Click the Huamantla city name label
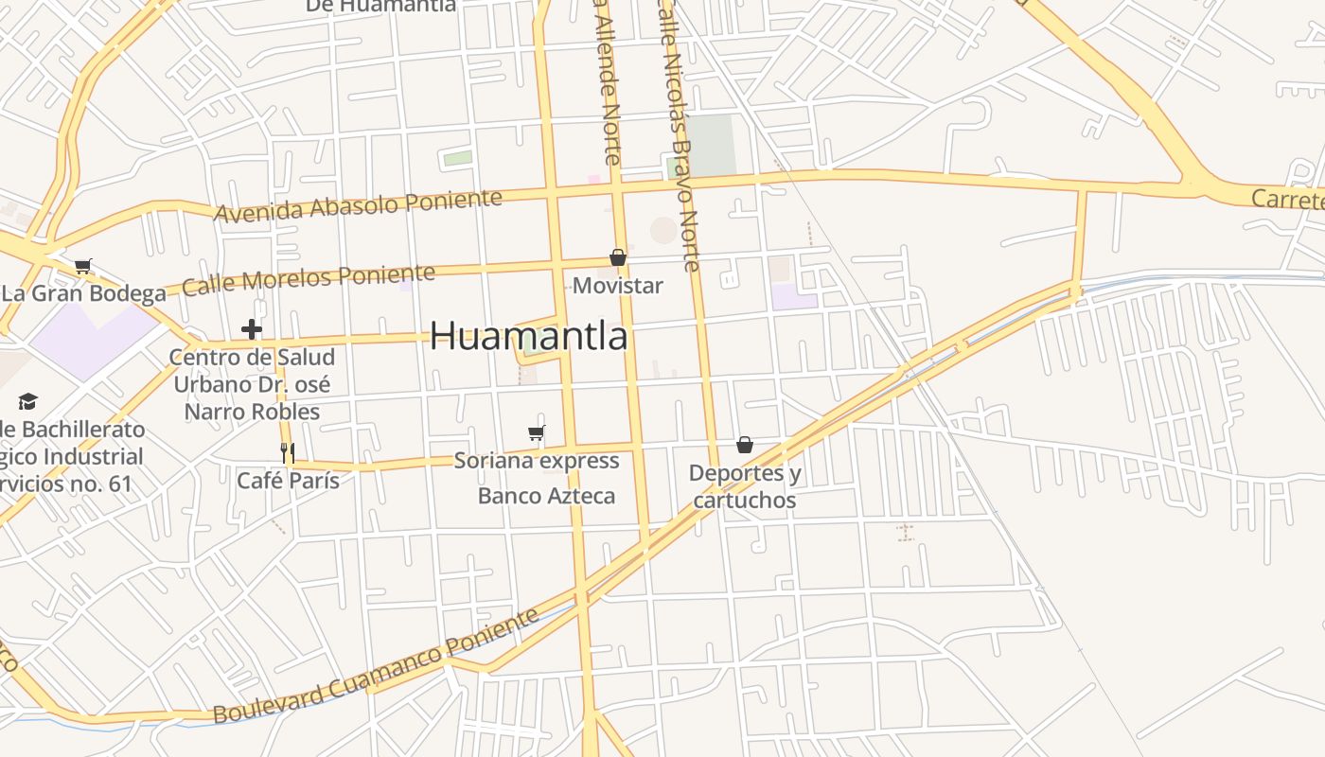pyautogui.click(x=528, y=336)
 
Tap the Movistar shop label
pyautogui.click(x=617, y=285)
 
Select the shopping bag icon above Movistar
pyautogui.click(x=618, y=257)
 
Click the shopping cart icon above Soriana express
pyautogui.click(x=537, y=433)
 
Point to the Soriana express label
pyautogui.click(x=537, y=461)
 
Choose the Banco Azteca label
pyautogui.click(x=546, y=496)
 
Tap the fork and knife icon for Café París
pyautogui.click(x=289, y=453)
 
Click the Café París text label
pyautogui.click(x=288, y=481)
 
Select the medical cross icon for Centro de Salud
pyautogui.click(x=251, y=329)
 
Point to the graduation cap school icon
pyautogui.click(x=27, y=402)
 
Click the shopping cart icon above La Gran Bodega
pyautogui.click(x=83, y=266)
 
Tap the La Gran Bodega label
pyautogui.click(x=83, y=293)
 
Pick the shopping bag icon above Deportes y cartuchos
pyautogui.click(x=745, y=445)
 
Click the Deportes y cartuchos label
pyautogui.click(x=745, y=486)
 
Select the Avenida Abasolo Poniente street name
pyautogui.click(x=358, y=205)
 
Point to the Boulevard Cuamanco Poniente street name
pyautogui.click(x=376, y=666)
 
